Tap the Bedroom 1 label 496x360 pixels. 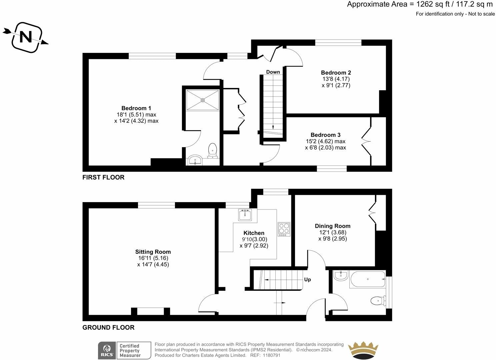(x=136, y=108)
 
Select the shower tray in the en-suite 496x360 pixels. (x=202, y=99)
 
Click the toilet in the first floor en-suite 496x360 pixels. (x=212, y=151)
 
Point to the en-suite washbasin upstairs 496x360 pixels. (x=195, y=161)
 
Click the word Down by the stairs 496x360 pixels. (x=273, y=72)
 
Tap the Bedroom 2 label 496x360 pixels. (x=336, y=73)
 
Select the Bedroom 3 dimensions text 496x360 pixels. (x=325, y=145)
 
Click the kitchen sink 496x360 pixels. (x=245, y=215)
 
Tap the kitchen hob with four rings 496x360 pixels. (x=284, y=229)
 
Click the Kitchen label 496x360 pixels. (x=254, y=233)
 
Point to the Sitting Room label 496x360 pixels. (x=153, y=252)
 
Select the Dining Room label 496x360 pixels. (x=332, y=226)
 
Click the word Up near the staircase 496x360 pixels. (x=307, y=279)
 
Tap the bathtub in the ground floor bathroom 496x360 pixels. (x=367, y=279)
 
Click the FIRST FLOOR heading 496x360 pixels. (x=103, y=178)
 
